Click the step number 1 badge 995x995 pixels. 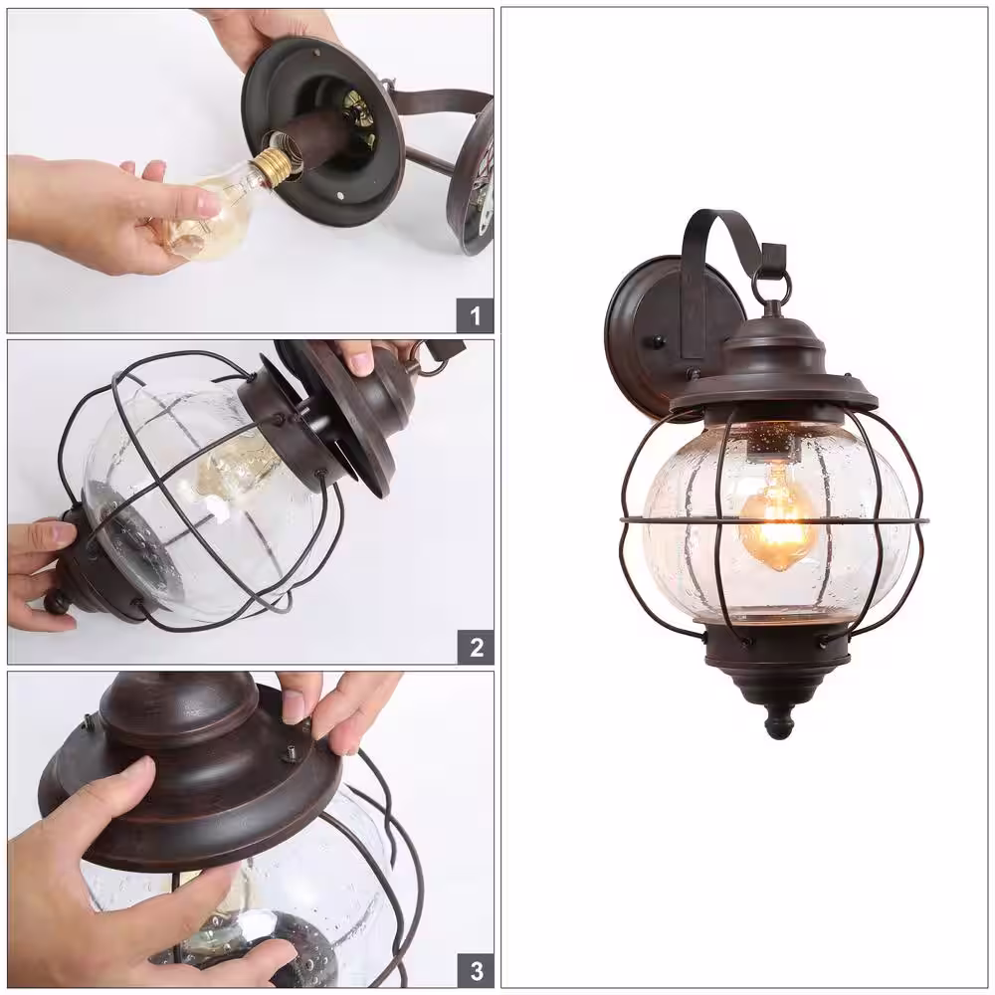point(475,315)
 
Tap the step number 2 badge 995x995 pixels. point(476,648)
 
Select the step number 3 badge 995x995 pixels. point(476,971)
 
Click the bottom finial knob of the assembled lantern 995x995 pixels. point(780,723)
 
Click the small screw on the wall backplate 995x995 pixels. point(660,342)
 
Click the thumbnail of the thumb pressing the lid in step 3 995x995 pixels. point(292,705)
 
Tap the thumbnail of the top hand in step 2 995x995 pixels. point(361,363)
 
